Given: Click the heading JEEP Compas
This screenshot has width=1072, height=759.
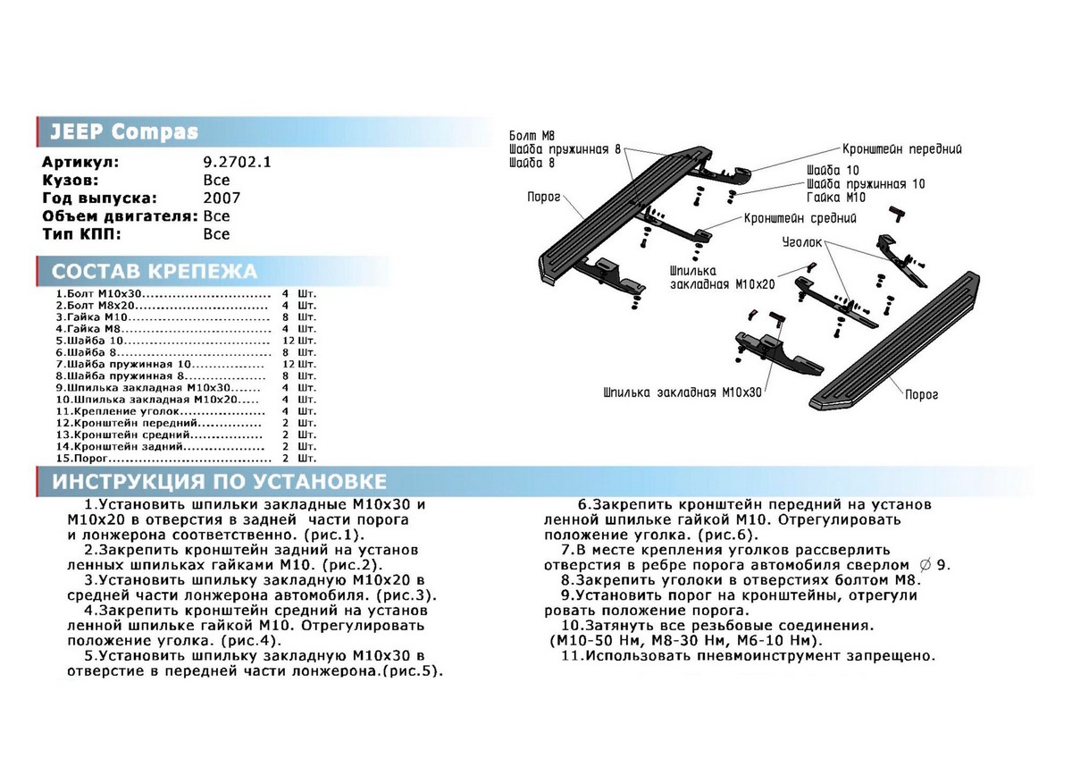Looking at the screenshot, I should (123, 132).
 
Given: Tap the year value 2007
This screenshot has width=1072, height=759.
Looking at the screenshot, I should (222, 198).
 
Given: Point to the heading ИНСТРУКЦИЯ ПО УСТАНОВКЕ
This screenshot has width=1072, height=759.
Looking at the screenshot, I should (219, 482).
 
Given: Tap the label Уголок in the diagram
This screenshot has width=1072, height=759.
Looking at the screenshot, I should (802, 241).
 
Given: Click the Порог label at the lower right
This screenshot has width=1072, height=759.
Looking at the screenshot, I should (921, 393).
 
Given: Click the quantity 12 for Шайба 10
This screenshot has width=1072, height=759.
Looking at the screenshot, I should (286, 341).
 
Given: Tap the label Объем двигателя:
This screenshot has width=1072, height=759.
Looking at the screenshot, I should (120, 216).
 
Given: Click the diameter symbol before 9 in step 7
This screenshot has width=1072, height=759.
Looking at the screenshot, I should (925, 565).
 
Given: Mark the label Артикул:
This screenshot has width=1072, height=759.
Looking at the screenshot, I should (80, 163).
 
